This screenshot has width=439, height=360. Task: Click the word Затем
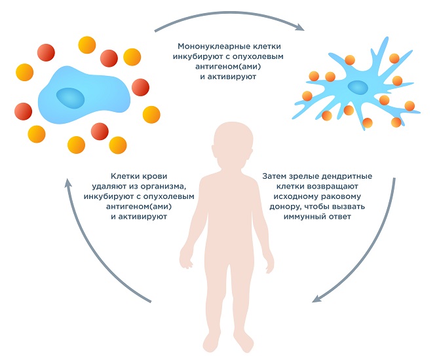275,177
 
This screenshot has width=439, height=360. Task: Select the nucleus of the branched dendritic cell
357,87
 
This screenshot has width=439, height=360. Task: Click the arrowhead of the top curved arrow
301,28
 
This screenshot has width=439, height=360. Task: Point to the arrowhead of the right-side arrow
316,298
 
